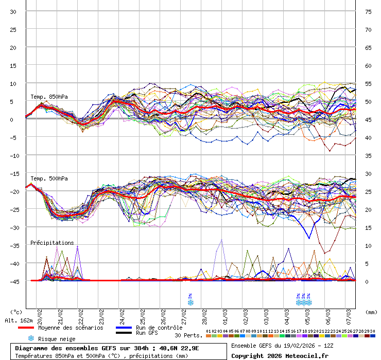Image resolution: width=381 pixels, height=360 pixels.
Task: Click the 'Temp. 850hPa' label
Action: [x=49, y=97]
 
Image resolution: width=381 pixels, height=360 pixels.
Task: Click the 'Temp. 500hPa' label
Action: [x=49, y=178]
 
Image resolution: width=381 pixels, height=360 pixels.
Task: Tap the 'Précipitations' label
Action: [x=52, y=243]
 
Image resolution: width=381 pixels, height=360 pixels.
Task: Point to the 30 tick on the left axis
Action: [x=13, y=11]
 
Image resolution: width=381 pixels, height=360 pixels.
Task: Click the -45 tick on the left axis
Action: [x=12, y=281]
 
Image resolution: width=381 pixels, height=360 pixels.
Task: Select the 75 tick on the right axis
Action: [x=368, y=11]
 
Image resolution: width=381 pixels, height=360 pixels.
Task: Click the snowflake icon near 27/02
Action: [x=190, y=302]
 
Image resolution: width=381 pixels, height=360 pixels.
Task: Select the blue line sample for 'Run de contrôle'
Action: [x=123, y=328]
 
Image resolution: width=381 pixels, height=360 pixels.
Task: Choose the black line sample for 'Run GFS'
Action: [x=123, y=333]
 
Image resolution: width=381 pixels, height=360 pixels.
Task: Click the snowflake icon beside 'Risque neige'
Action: [x=31, y=338]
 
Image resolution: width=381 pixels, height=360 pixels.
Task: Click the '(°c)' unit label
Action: [x=16, y=312]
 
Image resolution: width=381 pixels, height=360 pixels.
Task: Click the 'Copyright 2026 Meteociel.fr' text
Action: [x=280, y=355]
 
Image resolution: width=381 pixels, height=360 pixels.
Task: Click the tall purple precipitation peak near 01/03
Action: [x=222, y=240]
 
